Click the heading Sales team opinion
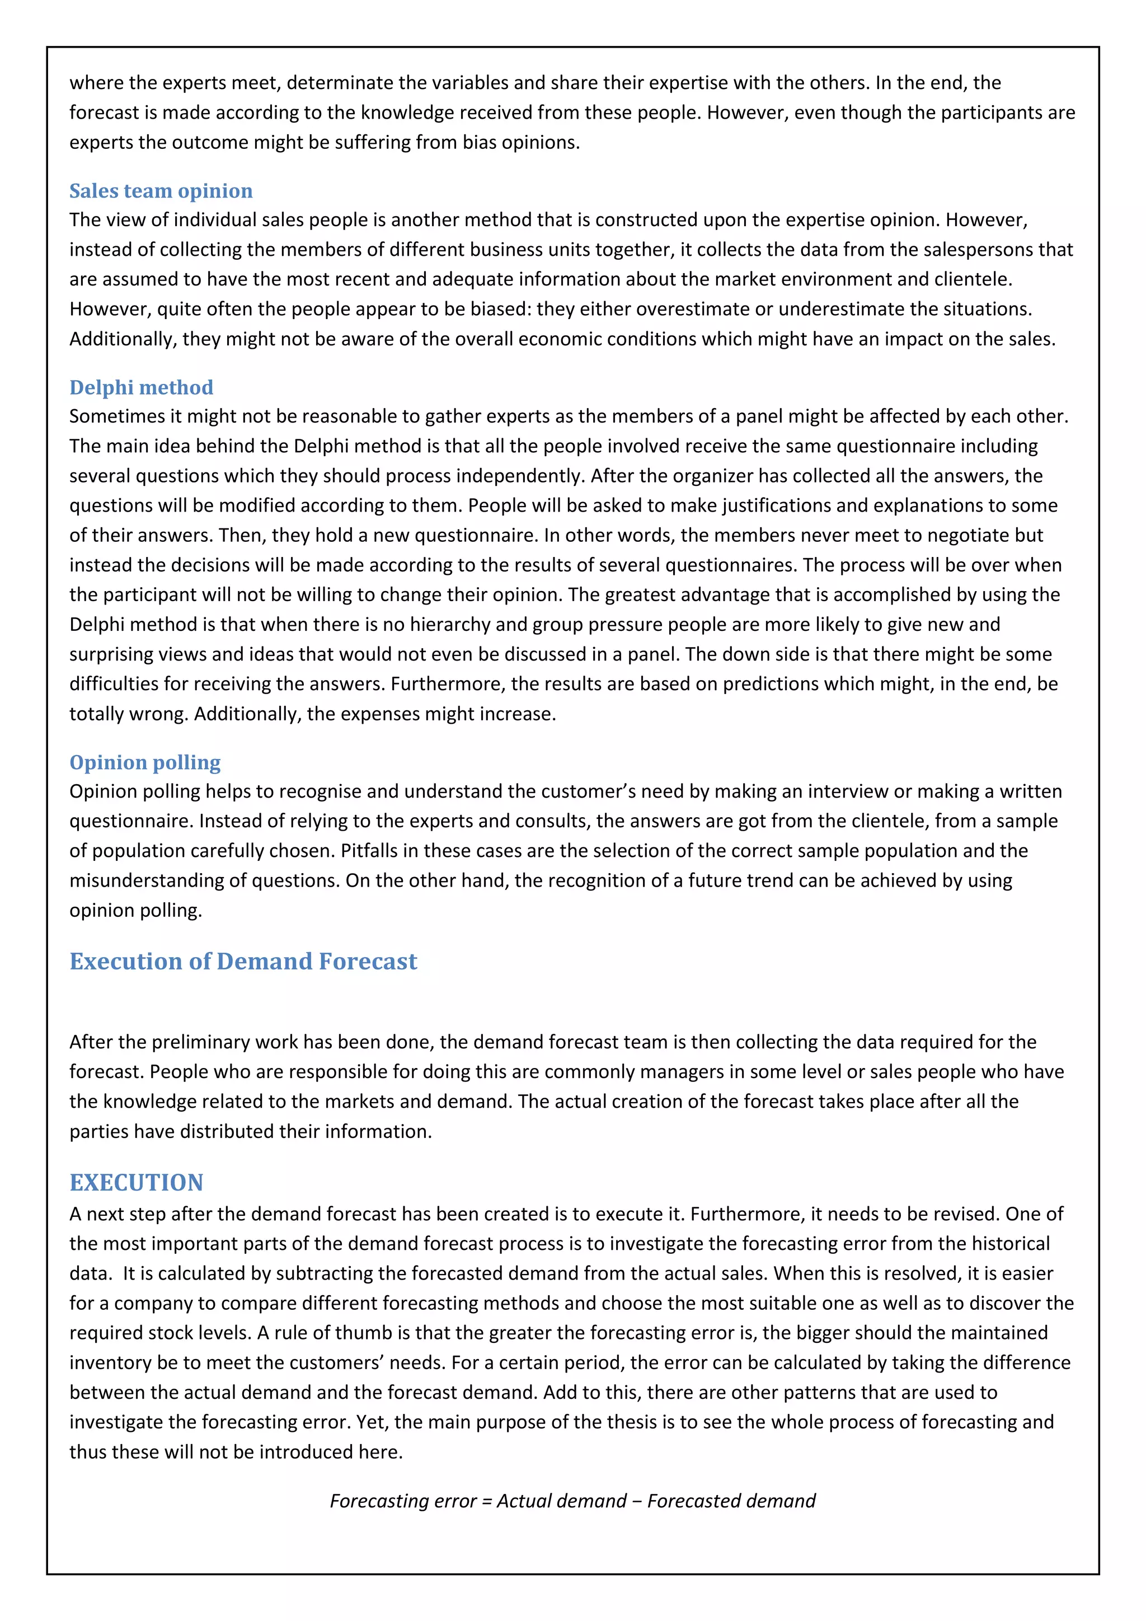pyautogui.click(x=161, y=191)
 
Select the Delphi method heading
pyautogui.click(x=141, y=387)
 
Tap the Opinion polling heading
pyautogui.click(x=145, y=762)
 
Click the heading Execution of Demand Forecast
pyautogui.click(x=243, y=962)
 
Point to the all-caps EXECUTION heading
pyautogui.click(x=136, y=1183)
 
